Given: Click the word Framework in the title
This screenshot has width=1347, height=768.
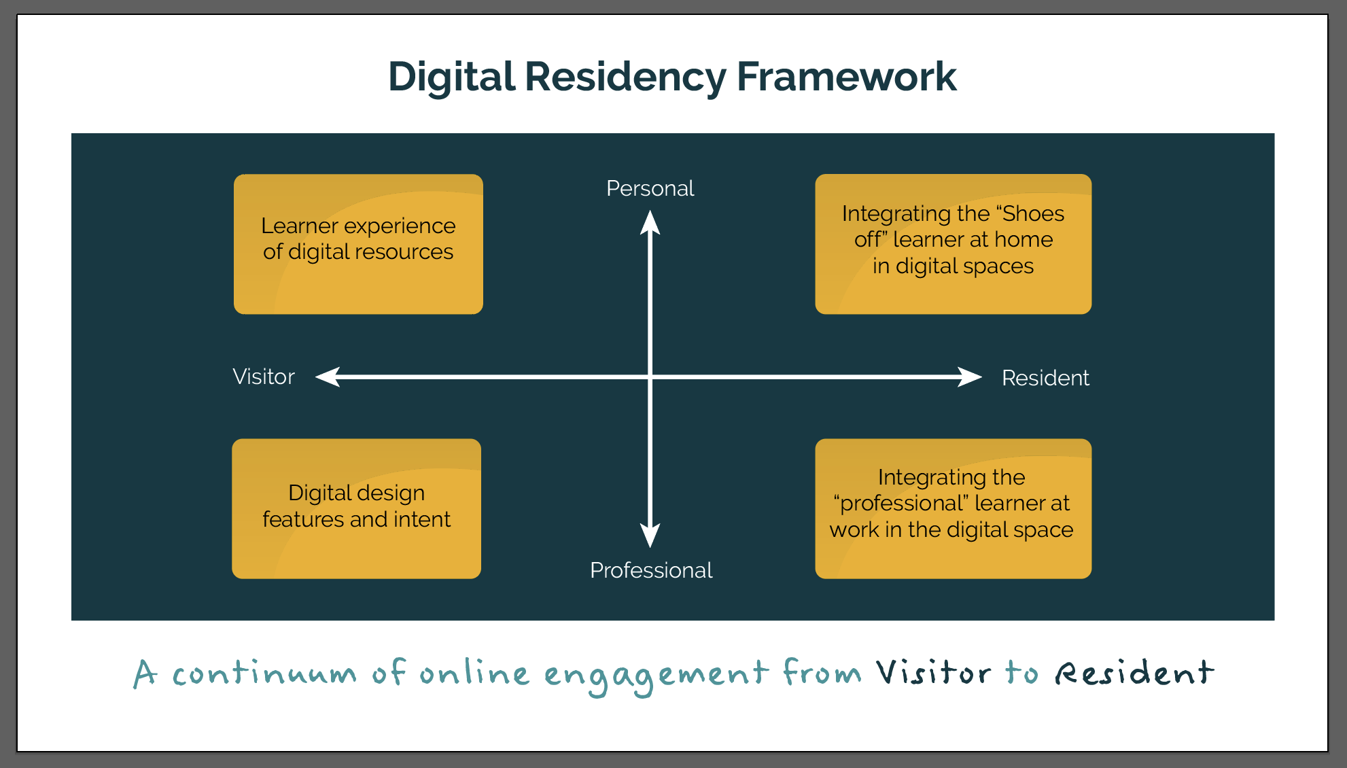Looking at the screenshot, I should pos(846,76).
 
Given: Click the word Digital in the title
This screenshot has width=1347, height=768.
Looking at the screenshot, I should pos(451,76).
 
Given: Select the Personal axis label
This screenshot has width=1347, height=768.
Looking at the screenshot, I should pos(650,188).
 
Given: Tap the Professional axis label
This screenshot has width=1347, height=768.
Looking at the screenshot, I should pos(651,570).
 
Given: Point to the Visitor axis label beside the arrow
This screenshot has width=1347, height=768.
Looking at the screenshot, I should pos(264,377).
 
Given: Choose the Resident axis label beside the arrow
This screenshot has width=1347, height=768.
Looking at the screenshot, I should pos(1045,378).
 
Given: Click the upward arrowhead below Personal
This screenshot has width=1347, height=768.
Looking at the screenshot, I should pos(650,223).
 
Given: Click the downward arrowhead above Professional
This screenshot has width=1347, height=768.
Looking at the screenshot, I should pos(650,535).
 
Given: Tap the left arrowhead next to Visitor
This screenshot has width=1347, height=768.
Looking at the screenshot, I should pos(328,377).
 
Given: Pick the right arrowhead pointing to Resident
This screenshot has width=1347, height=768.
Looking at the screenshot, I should pos(970,377).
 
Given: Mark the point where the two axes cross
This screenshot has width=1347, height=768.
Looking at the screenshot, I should pos(650,377).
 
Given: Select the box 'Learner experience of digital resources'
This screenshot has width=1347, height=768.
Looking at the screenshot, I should pos(358,244).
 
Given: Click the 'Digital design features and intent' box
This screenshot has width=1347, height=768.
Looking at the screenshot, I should pos(356,508).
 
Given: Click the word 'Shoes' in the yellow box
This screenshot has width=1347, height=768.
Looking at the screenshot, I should pos(1033,213).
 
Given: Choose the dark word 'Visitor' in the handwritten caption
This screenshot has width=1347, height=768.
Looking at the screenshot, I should pos(932,673).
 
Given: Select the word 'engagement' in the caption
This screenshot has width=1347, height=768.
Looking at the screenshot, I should pos(656,676).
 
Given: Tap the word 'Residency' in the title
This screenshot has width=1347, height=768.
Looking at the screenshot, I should pos(625,76).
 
